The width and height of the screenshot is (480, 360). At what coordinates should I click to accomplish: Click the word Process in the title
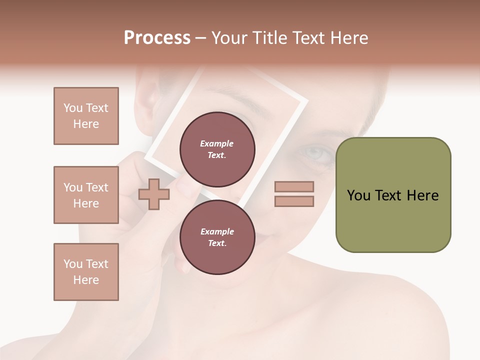pos(157,37)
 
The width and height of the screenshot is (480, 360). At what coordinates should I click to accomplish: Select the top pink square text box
pos(86,116)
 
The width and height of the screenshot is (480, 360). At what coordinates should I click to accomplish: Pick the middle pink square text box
pos(86,195)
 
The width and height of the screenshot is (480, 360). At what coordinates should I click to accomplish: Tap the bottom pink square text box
pos(86,272)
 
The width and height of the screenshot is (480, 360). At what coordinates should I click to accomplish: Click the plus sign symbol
pos(153,194)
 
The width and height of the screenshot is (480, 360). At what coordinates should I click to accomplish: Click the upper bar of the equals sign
pos(294,186)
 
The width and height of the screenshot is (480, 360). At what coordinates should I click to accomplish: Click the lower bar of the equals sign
pos(294,201)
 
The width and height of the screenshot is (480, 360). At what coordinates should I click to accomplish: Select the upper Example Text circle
pos(217,149)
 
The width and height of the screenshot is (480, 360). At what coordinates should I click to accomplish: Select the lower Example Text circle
pos(217,237)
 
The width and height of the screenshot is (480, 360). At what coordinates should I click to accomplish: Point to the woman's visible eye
pos(315,153)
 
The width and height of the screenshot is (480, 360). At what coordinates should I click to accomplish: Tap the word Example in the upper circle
pos(217,143)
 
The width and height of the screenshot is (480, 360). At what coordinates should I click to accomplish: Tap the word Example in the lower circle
pos(217,231)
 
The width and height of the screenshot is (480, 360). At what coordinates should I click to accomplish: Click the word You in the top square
pos(73,108)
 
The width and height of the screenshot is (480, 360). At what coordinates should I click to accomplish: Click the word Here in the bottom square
pos(86,280)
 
